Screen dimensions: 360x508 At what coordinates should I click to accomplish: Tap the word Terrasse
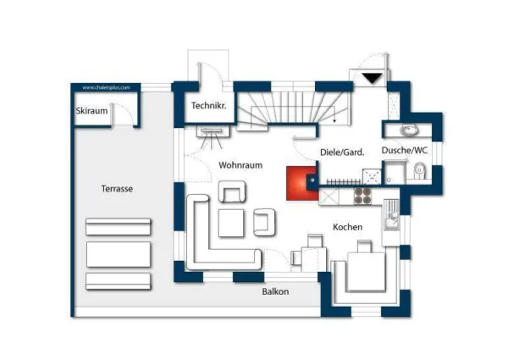click(118, 189)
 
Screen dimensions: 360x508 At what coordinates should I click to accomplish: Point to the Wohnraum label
click(239, 165)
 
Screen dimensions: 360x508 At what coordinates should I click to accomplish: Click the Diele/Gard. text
click(342, 152)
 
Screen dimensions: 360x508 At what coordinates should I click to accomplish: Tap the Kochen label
click(347, 227)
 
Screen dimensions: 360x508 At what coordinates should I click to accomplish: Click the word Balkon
click(275, 291)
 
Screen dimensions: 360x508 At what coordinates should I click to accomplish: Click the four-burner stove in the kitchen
click(363, 196)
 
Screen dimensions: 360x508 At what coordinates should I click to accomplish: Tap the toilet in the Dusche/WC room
click(418, 173)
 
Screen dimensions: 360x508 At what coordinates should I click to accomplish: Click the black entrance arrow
click(372, 79)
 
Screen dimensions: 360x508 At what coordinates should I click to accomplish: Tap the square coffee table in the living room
click(232, 222)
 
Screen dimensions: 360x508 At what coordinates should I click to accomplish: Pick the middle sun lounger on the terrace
click(118, 254)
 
